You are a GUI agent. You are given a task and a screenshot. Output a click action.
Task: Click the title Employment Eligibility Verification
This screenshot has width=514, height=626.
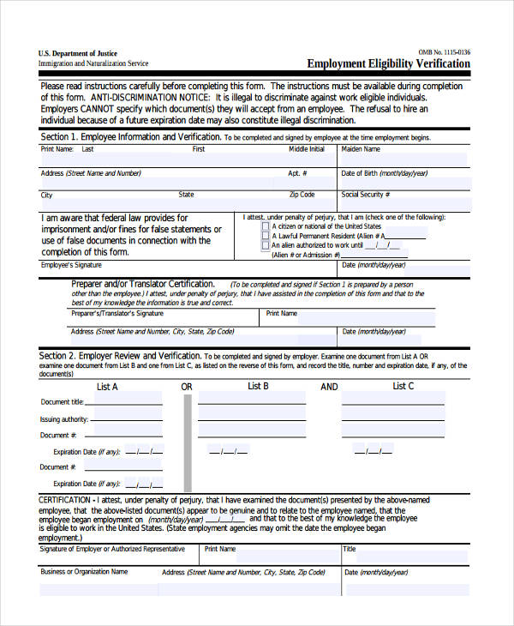pyautogui.click(x=388, y=63)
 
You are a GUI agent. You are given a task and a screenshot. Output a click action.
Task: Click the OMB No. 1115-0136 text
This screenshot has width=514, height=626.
pyautogui.click(x=444, y=52)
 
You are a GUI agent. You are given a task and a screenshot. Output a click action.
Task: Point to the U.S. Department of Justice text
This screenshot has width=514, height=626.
pyautogui.click(x=78, y=53)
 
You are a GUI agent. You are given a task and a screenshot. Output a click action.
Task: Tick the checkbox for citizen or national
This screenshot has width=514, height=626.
pyautogui.click(x=265, y=226)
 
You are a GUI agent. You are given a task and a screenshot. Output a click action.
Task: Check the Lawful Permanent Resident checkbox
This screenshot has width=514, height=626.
pyautogui.click(x=265, y=235)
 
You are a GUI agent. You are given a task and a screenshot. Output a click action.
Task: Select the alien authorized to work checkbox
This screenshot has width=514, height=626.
pyautogui.click(x=265, y=245)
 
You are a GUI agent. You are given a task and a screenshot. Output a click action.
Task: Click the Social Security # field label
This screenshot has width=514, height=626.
pyautogui.click(x=366, y=195)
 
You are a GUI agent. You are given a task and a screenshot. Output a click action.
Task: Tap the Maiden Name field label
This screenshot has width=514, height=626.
pyautogui.click(x=361, y=149)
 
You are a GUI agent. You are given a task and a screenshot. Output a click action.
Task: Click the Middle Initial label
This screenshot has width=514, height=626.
pyautogui.click(x=306, y=149)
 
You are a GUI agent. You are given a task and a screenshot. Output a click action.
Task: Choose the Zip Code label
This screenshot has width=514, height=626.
pyautogui.click(x=302, y=195)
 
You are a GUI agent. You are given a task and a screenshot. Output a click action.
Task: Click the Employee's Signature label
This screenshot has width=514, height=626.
pyautogui.click(x=77, y=266)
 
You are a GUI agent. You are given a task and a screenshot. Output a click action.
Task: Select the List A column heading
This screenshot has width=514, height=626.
pyautogui.click(x=107, y=387)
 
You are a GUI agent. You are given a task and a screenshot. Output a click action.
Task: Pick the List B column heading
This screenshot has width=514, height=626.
pyautogui.click(x=259, y=387)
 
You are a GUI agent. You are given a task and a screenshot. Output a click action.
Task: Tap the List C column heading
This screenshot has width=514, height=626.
pyautogui.click(x=403, y=387)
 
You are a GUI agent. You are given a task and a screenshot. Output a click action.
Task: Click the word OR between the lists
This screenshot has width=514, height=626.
pyautogui.click(x=187, y=388)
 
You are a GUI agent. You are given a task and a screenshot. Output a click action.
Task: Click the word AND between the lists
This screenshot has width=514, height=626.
pyautogui.click(x=330, y=388)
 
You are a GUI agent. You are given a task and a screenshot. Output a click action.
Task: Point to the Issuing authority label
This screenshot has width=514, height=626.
pyautogui.click(x=63, y=419)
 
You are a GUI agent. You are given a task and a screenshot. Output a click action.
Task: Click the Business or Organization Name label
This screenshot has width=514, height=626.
pyautogui.click(x=84, y=571)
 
